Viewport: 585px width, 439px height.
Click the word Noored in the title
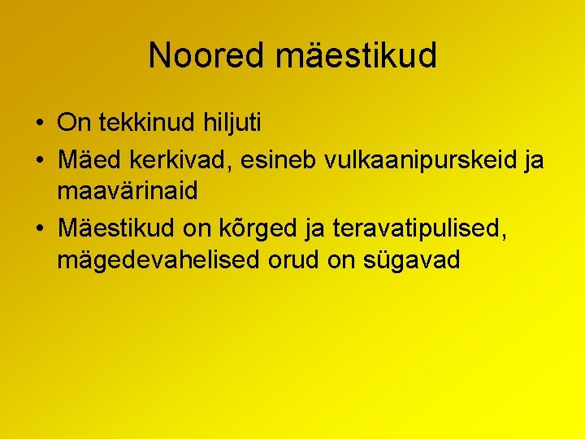coord(207,55)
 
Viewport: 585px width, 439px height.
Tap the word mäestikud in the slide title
coord(357,55)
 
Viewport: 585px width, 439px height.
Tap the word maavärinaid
coord(128,191)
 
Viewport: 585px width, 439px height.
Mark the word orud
coord(300,260)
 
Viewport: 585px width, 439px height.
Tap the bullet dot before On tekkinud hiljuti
coord(40,124)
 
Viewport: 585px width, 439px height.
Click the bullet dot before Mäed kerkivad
coord(40,161)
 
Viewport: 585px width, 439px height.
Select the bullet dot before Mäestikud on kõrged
coord(40,230)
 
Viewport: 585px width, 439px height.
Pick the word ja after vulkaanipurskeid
coord(534,161)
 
